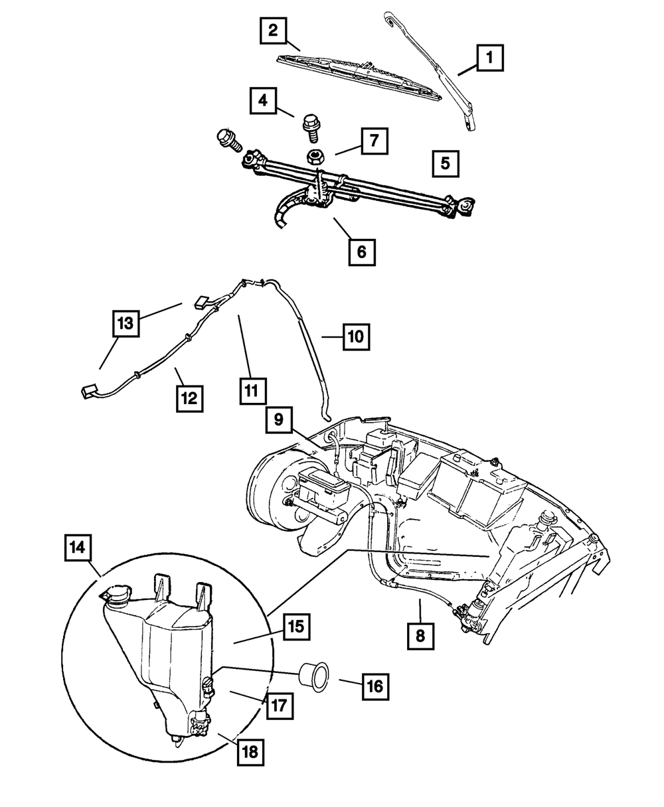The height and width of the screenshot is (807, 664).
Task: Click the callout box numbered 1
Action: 489,58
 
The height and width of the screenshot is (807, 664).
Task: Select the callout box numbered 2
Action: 273,30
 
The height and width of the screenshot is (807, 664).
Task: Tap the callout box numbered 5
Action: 445,162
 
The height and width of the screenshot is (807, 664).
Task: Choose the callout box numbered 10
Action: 357,336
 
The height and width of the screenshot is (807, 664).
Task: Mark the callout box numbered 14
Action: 79,549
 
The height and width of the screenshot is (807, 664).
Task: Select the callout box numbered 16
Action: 375,686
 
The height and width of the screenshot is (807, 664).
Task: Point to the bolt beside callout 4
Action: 310,125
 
